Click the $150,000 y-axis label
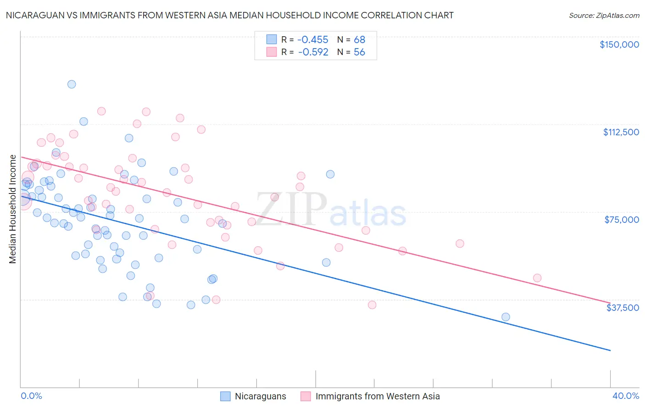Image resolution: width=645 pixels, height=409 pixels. tap(619, 44)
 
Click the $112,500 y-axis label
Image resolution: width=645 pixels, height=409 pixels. tap(621, 132)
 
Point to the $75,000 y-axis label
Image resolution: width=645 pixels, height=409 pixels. tap(622, 220)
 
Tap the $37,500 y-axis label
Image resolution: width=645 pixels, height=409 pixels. tap(623, 308)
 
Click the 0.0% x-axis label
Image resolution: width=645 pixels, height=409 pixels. tap(31, 396)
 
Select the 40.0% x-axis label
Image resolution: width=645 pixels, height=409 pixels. tap(625, 396)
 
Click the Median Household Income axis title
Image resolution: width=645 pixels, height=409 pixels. tap(13, 209)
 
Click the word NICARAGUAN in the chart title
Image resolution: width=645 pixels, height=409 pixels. tap(33, 15)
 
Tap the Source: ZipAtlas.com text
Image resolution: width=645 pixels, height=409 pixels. tap(604, 15)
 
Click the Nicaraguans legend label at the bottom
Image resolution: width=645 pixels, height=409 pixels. tap(260, 396)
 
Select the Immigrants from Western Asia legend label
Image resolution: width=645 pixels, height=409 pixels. tap(378, 396)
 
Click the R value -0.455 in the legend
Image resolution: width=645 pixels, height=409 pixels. tap(313, 39)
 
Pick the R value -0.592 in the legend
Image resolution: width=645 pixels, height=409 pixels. tap(313, 52)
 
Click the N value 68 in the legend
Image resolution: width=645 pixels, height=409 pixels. tap(359, 39)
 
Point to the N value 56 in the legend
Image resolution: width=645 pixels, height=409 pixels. tap(359, 52)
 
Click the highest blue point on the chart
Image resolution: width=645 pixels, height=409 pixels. tap(72, 84)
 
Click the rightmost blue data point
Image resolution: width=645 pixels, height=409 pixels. tap(506, 317)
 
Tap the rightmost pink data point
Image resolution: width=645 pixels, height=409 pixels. tap(537, 278)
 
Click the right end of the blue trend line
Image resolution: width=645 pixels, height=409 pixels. tap(610, 350)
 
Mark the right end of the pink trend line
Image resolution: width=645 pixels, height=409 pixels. tap(610, 303)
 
